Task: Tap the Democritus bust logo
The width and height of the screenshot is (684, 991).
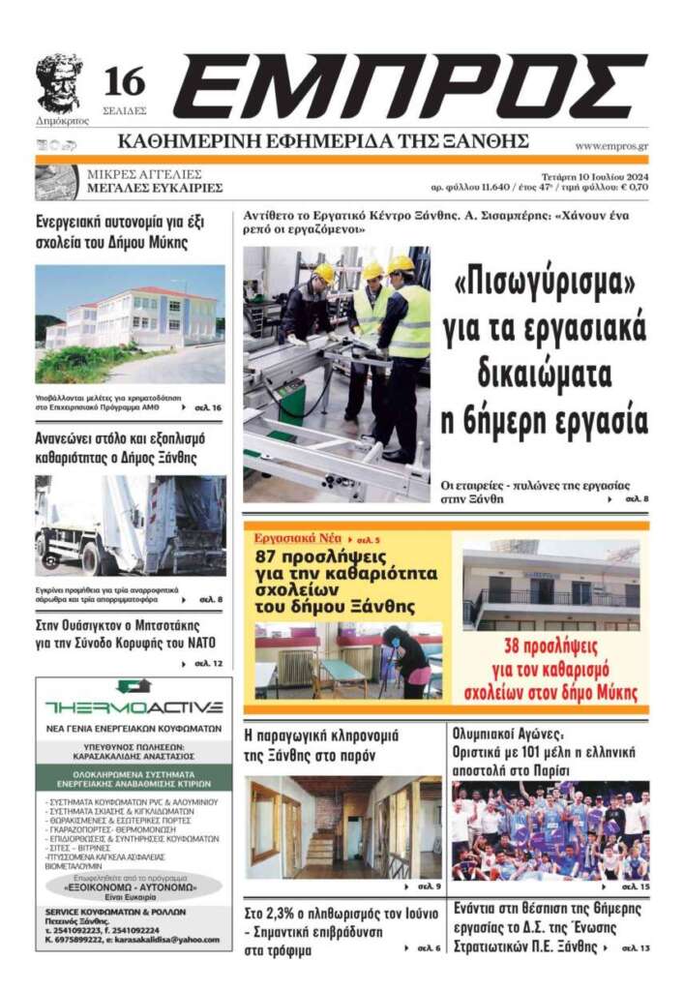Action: [x=59, y=83]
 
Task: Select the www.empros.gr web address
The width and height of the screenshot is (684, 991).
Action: [x=610, y=146]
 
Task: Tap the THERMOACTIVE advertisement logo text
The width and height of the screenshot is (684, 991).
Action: [x=134, y=706]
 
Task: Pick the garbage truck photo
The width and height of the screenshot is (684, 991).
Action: [x=130, y=526]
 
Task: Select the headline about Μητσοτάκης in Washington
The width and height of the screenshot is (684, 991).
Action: [x=125, y=634]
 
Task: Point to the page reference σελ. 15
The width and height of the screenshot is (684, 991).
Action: [x=635, y=886]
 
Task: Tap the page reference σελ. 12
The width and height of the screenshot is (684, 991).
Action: [x=208, y=664]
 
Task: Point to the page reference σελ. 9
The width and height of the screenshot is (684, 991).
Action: [x=427, y=886]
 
